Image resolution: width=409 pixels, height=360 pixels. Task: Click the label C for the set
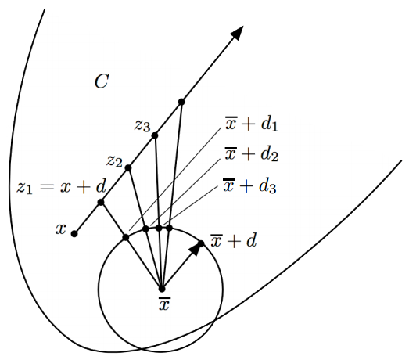coord(101,81)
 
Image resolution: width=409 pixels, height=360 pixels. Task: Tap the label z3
coord(142,126)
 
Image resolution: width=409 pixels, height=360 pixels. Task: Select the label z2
coord(114,161)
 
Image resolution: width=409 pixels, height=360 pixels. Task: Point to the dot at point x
coord(74,234)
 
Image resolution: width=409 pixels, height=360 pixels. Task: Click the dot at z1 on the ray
coord(101,202)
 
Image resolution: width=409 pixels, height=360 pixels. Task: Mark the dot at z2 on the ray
coord(128,167)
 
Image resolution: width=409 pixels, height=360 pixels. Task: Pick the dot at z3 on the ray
coord(155,135)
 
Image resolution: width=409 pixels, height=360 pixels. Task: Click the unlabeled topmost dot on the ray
coord(181,102)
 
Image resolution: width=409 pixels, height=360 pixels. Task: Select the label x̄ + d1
coord(252,124)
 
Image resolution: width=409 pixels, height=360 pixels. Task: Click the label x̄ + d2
coord(252,154)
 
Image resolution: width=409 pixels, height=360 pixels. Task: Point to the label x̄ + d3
coord(250,186)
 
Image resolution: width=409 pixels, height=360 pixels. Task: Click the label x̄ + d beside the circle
coord(234,240)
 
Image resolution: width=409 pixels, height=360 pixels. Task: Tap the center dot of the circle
coord(162,289)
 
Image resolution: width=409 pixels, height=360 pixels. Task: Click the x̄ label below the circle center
coord(164,304)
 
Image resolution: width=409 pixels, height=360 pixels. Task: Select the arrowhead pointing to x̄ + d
coord(195,249)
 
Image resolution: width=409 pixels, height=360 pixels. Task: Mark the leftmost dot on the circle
coord(126,237)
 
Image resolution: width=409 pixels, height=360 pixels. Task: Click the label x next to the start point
coord(61,229)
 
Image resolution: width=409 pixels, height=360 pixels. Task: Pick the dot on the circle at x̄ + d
coord(201,243)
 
